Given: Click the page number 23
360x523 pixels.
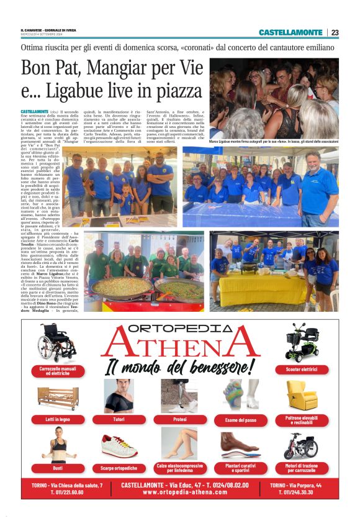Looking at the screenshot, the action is tap(335, 32).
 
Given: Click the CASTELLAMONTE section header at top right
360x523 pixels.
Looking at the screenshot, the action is tap(290, 32).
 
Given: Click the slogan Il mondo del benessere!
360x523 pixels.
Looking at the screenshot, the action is tap(180, 367).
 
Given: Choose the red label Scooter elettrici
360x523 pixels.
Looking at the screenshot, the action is tap(302, 369).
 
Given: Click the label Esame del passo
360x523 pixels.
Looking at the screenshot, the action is tap(241, 420).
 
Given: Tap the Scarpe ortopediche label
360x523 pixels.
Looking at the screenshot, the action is tap(119, 468).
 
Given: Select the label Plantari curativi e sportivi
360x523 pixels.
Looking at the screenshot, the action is tap(241, 467).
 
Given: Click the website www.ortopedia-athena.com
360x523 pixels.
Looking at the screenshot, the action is tap(180, 492).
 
